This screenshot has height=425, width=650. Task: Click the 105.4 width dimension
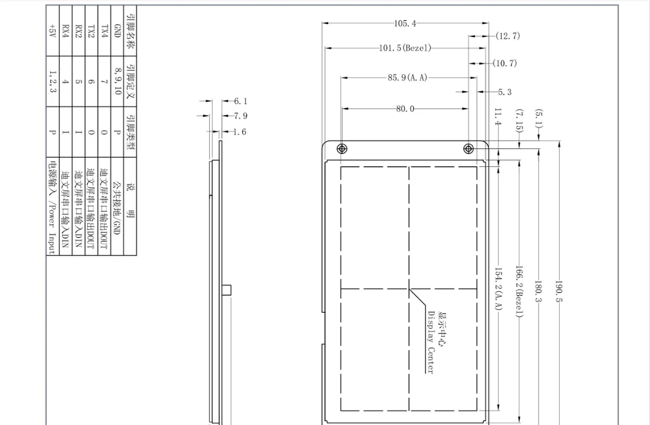pos(405,23)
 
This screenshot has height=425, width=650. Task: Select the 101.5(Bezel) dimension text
pos(405,48)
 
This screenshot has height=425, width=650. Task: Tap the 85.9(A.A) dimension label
pos(408,77)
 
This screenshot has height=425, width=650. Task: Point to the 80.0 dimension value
pos(405,109)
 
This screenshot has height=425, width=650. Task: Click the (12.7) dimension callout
pos(508,36)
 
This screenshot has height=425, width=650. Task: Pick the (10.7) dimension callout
pos(505,63)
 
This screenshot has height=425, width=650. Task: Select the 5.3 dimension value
pos(504,92)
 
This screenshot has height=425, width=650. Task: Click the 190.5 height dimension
pos(559,291)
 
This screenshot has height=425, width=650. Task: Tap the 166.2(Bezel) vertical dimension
pos(519,292)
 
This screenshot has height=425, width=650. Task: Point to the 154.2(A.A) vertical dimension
pos(499,289)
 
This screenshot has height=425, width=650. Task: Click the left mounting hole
pos(342,149)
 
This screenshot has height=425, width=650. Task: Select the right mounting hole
pos(469,149)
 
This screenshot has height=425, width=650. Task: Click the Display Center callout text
pos(431,342)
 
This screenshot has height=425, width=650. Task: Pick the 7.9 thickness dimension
pos(240,116)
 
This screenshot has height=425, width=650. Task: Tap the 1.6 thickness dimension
pos(240,132)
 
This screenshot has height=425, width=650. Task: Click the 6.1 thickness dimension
pos(240,101)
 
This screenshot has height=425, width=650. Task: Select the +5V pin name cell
pos(52,31)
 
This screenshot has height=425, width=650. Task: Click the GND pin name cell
pos(117,31)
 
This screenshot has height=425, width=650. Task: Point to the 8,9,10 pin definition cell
pos(117,81)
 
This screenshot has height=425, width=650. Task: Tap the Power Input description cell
pos(52,207)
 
